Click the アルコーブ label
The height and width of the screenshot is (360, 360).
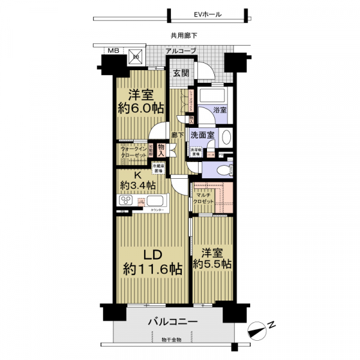point(181,51)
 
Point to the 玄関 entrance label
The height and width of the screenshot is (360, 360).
point(181,73)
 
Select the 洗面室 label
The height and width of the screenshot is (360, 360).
point(202,136)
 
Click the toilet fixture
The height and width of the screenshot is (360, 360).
point(223,169)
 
